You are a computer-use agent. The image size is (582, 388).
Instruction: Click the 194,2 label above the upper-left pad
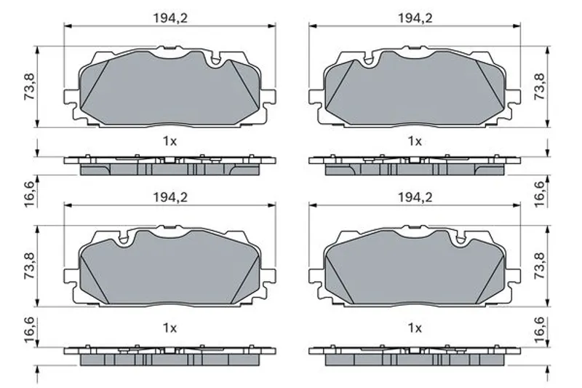170,17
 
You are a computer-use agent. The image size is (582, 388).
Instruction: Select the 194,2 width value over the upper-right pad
415,17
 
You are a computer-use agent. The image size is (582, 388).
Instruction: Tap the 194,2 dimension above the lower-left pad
170,197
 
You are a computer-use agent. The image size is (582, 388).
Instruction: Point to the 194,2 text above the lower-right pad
415,197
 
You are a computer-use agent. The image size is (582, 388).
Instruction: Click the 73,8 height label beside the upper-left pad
29,86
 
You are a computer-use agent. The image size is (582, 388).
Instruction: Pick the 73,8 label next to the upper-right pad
539,86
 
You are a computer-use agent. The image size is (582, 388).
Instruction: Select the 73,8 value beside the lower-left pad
29,266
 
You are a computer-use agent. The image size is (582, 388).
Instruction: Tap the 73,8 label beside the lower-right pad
539,266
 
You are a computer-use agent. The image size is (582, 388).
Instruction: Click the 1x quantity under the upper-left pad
170,141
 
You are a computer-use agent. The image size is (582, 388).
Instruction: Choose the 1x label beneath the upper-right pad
415,141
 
